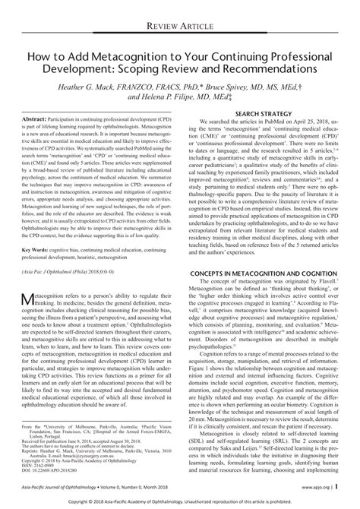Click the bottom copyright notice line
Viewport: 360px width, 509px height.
(179, 502)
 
